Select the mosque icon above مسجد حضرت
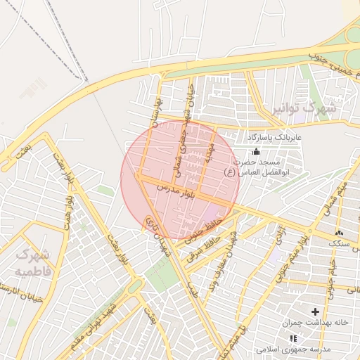click(255, 151)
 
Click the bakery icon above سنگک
click(340, 232)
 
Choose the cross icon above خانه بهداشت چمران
click(315, 311)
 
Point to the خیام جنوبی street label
click(331, 271)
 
